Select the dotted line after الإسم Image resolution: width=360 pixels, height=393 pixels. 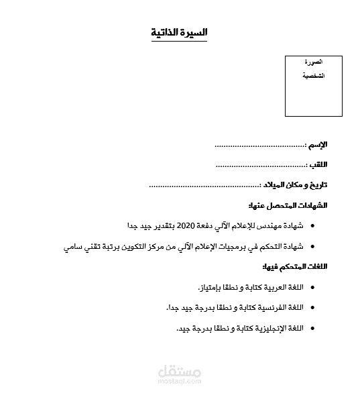point(259,145)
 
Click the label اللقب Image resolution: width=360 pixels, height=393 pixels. point(318,164)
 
